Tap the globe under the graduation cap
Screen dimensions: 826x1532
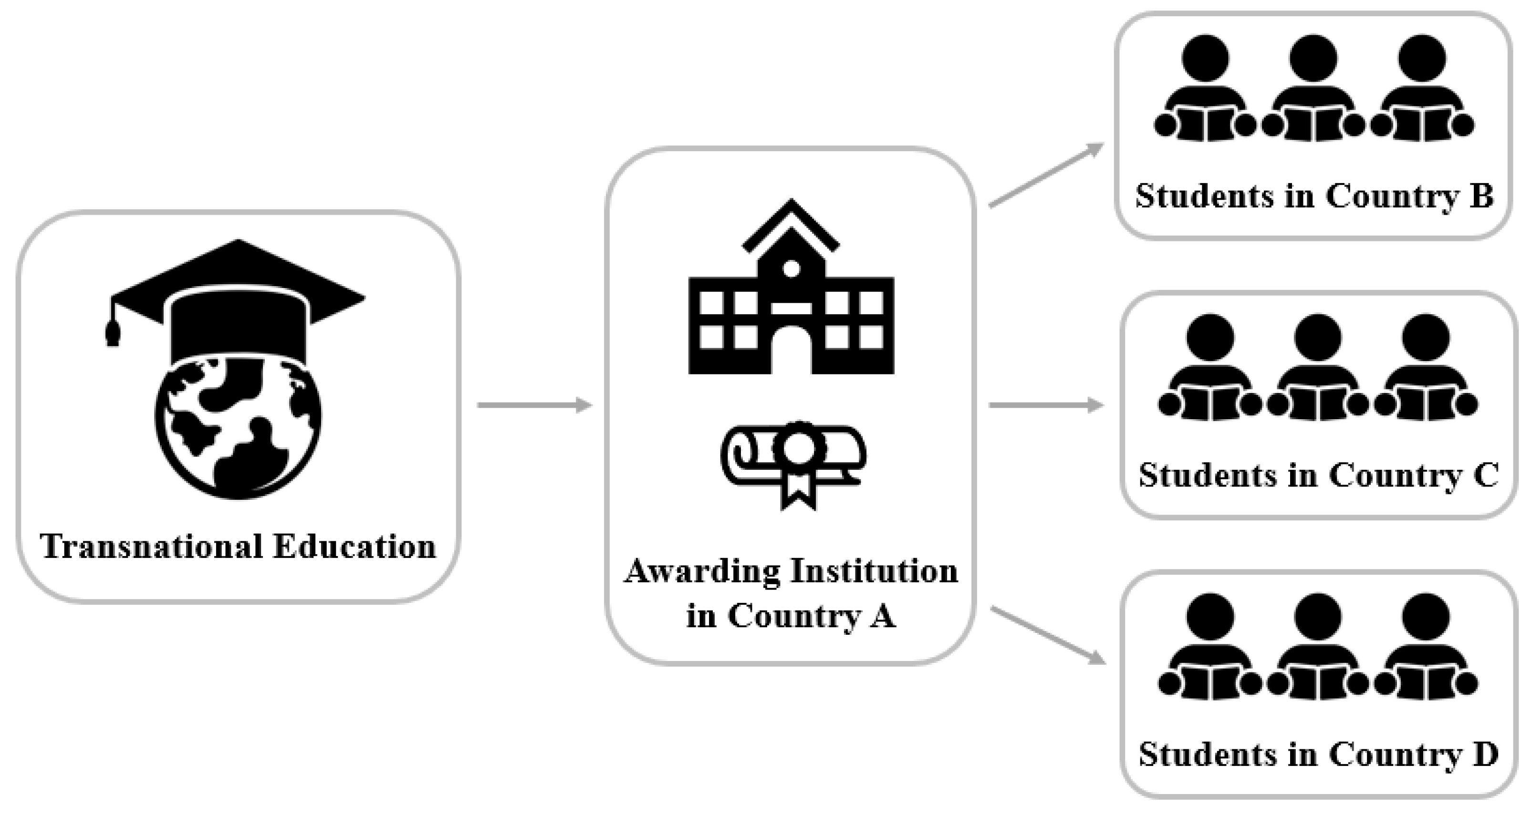pos(238,428)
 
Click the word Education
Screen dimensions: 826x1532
pos(354,546)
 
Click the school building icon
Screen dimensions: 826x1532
pos(791,297)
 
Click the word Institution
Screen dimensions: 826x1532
pos(874,571)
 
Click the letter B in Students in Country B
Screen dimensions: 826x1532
pos(1481,196)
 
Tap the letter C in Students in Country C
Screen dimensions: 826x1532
pos(1486,476)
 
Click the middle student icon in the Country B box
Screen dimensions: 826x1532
pos(1313,89)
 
